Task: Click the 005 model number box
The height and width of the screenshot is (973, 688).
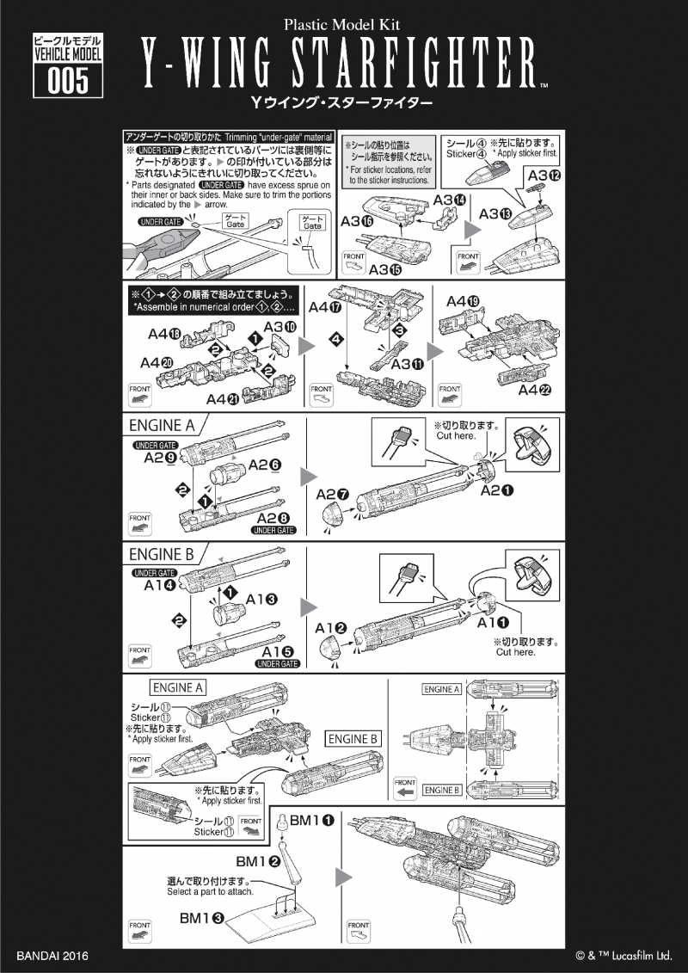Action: [x=67, y=82]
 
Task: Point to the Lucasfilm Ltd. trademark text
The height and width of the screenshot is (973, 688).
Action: [x=623, y=956]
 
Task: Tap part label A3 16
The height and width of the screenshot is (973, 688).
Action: [x=355, y=220]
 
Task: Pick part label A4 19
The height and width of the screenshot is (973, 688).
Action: [x=463, y=301]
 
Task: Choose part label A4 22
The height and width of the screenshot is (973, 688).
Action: [x=535, y=390]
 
